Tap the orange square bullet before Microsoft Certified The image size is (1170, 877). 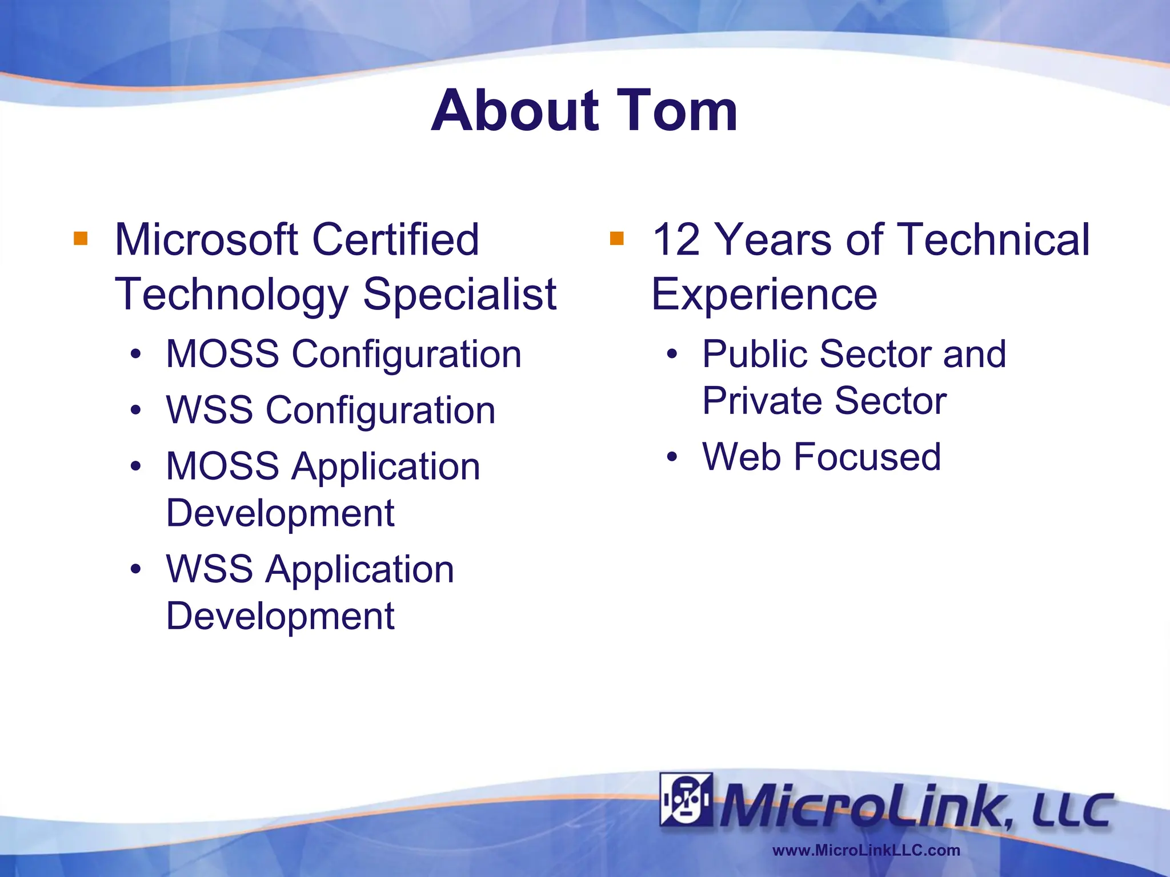(x=81, y=238)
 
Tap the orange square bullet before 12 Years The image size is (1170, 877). (x=616, y=238)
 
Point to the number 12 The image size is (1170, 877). (x=676, y=240)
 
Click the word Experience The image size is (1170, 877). (x=764, y=295)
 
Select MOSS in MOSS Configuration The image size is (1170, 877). (x=223, y=354)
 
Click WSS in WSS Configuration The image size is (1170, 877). (x=209, y=411)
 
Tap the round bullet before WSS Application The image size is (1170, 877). (x=135, y=569)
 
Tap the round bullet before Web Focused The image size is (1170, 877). (x=672, y=457)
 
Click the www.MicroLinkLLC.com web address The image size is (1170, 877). (x=866, y=850)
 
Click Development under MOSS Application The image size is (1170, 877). (x=280, y=513)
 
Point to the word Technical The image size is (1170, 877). (x=993, y=240)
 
